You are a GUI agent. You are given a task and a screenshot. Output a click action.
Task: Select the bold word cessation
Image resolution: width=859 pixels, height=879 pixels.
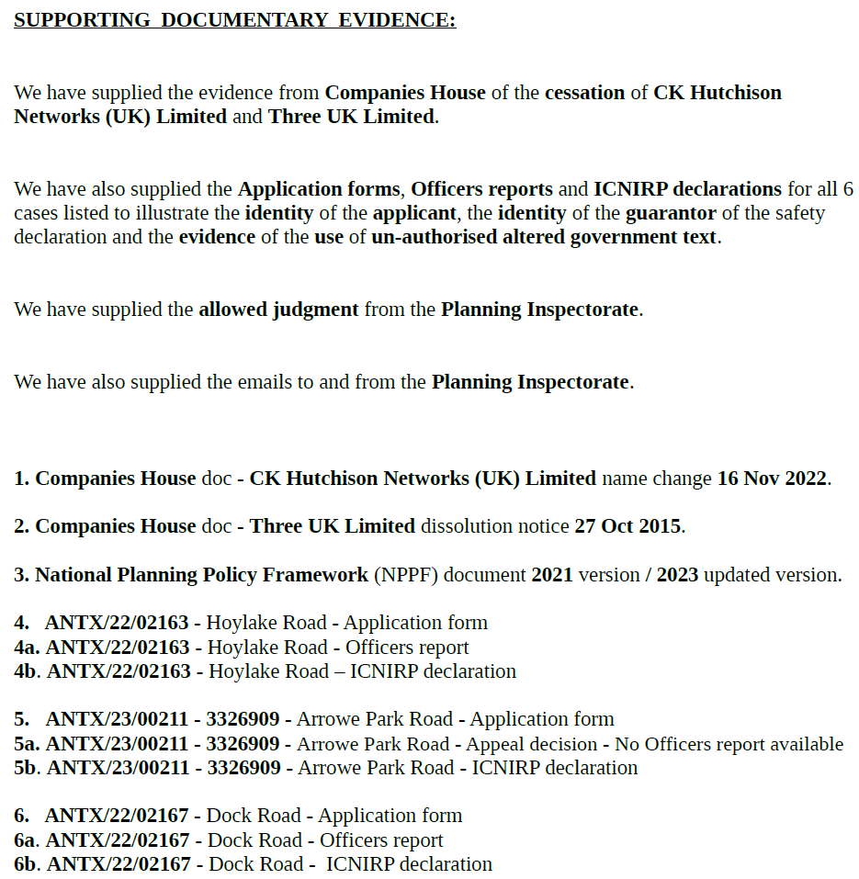tap(584, 93)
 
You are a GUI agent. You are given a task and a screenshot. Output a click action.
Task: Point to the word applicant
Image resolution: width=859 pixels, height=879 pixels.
tap(413, 213)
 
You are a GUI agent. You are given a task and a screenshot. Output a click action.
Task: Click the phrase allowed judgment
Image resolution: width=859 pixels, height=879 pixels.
tap(278, 310)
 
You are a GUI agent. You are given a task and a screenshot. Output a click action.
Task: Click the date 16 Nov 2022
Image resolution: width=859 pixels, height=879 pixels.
tap(773, 479)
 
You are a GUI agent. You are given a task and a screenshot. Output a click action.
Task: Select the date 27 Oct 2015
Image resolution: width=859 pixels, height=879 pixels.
tap(628, 526)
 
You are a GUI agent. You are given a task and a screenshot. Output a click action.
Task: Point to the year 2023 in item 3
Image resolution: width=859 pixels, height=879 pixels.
tap(678, 575)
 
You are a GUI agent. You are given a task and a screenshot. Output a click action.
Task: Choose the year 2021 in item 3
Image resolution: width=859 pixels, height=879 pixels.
tap(552, 575)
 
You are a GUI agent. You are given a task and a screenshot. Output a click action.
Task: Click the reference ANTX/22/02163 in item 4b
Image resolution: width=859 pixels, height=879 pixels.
tap(119, 671)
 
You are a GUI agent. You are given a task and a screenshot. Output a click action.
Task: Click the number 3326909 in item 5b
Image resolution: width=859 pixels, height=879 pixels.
tap(243, 768)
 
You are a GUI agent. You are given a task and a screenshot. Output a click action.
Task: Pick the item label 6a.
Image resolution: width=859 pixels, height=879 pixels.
tap(26, 840)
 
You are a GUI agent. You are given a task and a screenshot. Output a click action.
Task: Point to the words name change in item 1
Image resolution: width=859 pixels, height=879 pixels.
tap(656, 479)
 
